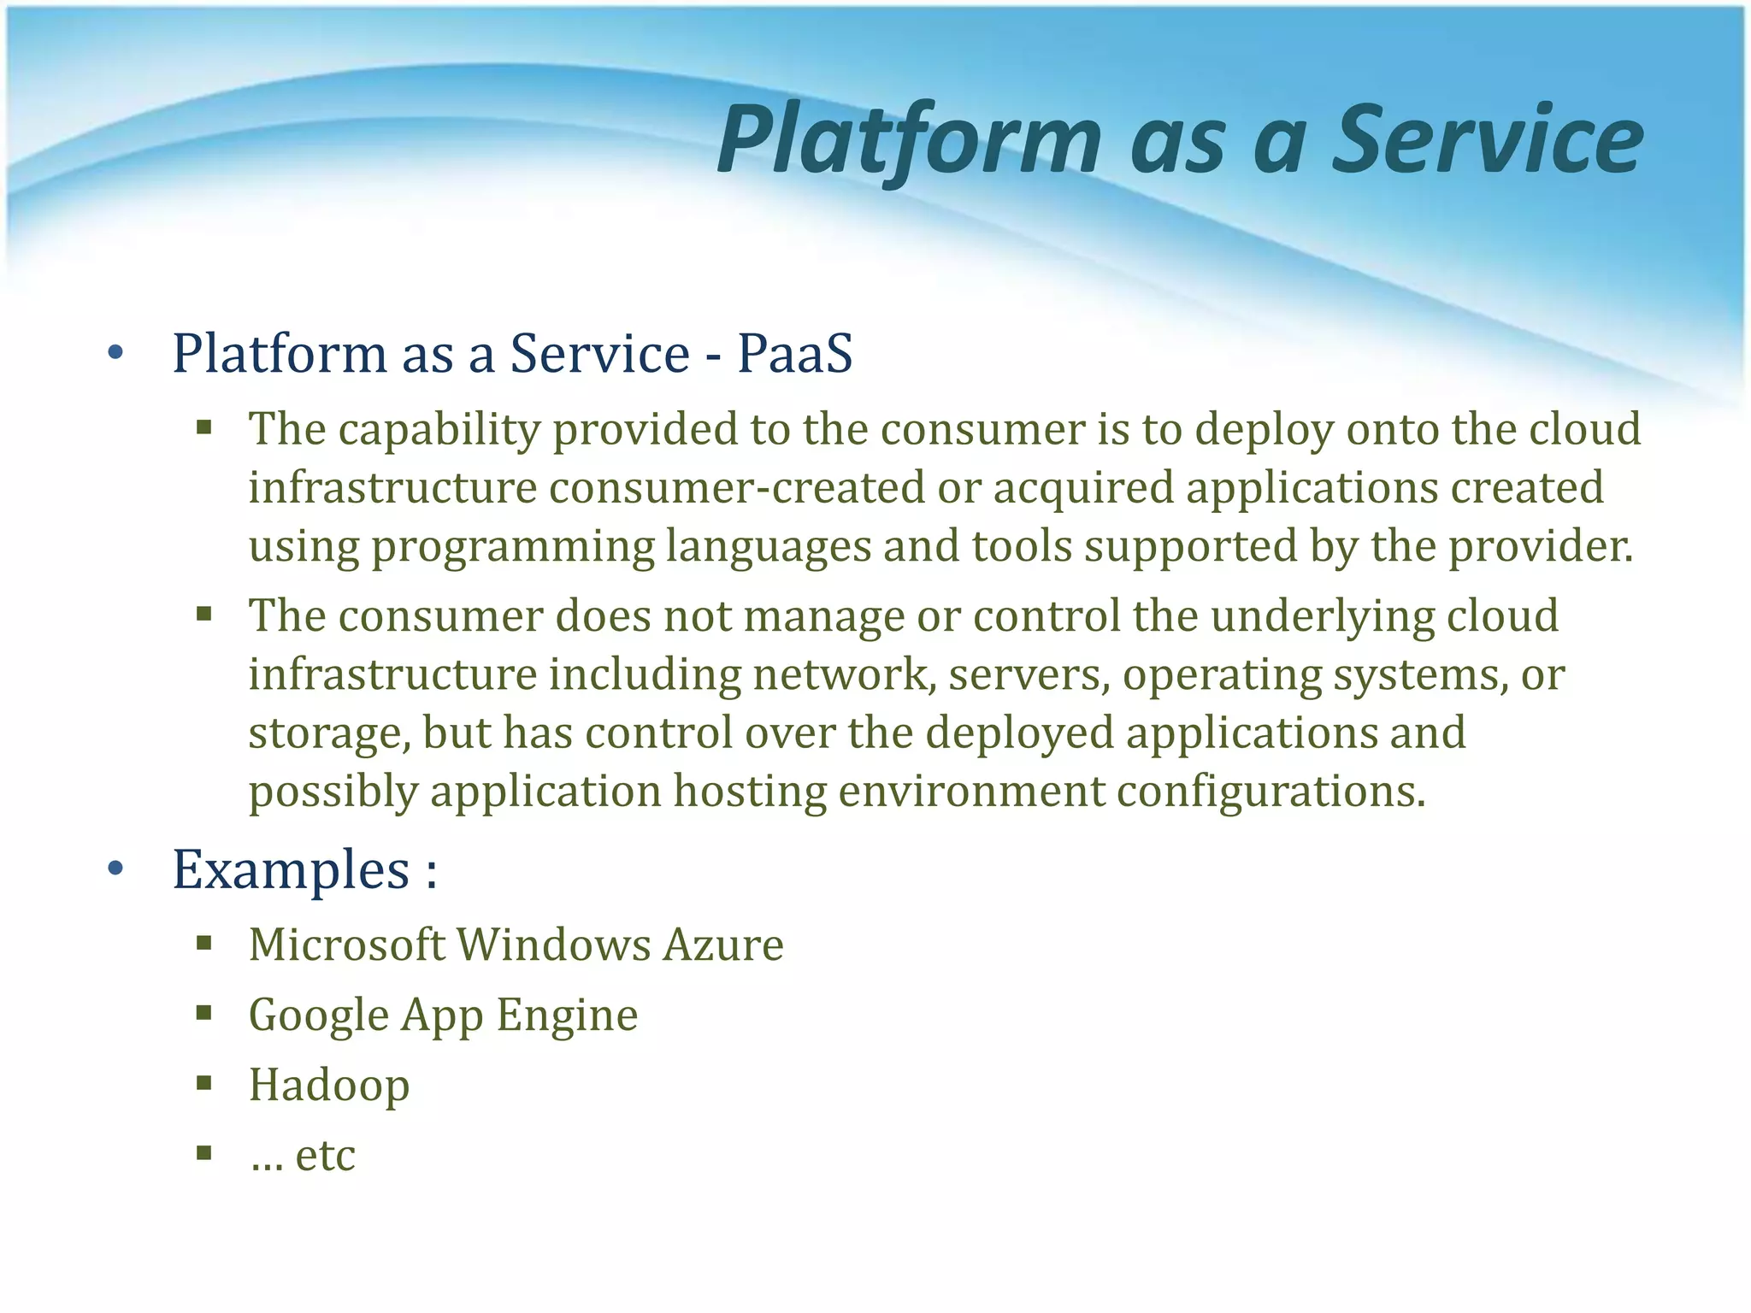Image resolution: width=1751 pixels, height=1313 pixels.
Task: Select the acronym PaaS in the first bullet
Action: click(794, 353)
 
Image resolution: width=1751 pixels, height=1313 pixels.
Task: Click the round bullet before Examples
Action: click(116, 870)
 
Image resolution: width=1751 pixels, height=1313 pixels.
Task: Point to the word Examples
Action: click(292, 870)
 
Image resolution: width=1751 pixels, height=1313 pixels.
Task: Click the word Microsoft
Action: click(346, 945)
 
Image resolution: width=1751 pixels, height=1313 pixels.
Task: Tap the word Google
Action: click(319, 1016)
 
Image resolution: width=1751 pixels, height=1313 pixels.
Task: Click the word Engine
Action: click(567, 1016)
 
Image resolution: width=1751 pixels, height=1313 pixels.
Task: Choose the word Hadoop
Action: click(329, 1085)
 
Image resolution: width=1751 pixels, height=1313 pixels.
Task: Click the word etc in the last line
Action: click(325, 1155)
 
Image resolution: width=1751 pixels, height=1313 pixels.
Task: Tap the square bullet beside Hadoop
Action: click(203, 1084)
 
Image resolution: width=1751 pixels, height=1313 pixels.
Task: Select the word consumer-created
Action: click(737, 488)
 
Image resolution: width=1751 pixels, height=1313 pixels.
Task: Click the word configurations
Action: click(1271, 792)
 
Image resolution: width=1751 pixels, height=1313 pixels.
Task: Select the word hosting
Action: click(750, 792)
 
